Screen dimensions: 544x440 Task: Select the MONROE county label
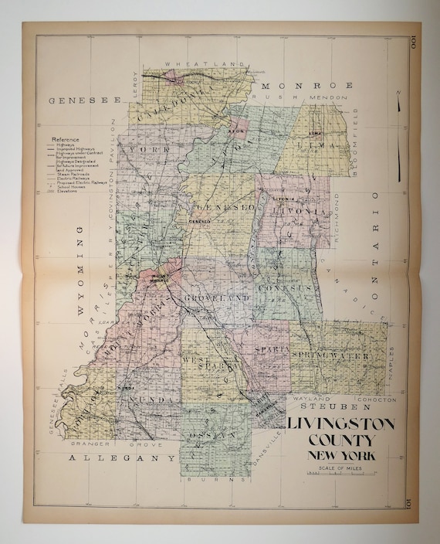click(x=306, y=85)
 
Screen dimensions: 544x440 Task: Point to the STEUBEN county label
click(x=330, y=406)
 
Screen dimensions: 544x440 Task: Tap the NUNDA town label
click(x=150, y=398)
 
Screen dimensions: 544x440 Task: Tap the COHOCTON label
click(x=378, y=399)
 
